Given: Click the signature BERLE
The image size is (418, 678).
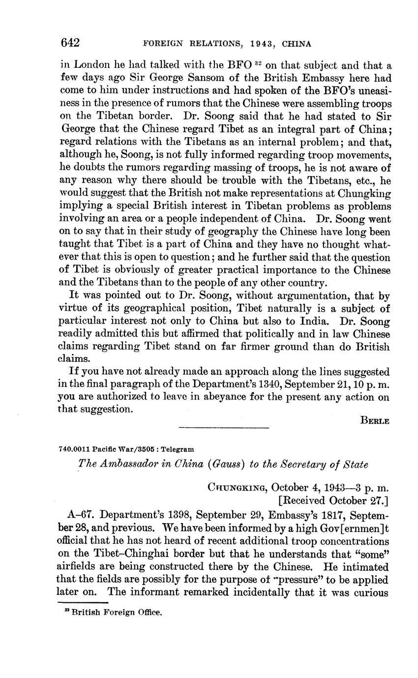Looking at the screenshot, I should (x=375, y=420).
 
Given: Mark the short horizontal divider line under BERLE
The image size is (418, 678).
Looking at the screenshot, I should (x=224, y=428).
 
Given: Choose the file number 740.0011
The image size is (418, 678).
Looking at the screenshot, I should (x=74, y=449).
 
